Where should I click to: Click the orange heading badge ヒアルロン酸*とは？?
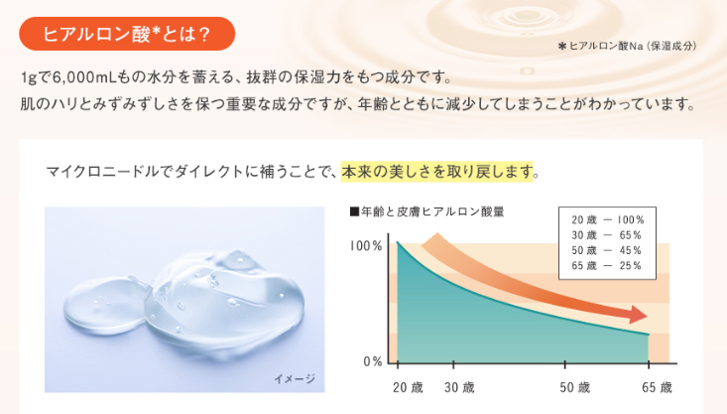[127, 34]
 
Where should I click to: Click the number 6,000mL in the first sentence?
[80, 77]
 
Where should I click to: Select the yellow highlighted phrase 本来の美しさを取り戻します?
[436, 172]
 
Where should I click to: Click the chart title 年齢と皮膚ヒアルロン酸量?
[432, 212]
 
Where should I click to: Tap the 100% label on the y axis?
[366, 245]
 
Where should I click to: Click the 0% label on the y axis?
[373, 361]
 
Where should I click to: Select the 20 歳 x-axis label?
[408, 387]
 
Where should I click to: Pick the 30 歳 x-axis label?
[459, 387]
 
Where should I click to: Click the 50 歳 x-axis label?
[574, 387]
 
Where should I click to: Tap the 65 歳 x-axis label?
[657, 387]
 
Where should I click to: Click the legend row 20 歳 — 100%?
[607, 220]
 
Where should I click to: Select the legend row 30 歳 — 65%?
[606, 235]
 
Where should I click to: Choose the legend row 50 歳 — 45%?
[606, 250]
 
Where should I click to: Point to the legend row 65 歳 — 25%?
[606, 266]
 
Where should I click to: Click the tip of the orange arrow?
[648, 316]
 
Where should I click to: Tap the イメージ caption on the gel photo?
[295, 379]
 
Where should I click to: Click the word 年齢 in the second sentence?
[372, 104]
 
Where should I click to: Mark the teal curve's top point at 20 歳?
[398, 242]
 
